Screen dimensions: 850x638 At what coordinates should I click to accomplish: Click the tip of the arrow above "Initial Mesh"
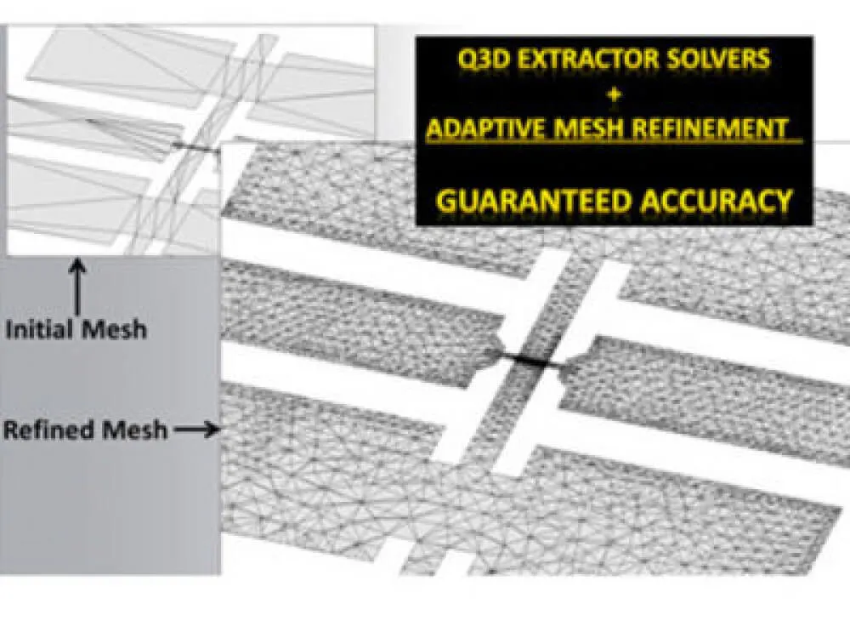point(77,259)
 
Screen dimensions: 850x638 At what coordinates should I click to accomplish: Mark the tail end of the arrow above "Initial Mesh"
point(77,315)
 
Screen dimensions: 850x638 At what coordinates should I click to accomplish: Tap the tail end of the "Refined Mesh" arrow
point(175,430)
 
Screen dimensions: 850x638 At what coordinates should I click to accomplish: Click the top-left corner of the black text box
point(416,37)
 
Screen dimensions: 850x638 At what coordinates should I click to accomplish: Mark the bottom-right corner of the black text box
point(813,225)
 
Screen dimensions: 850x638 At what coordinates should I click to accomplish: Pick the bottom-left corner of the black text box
point(416,225)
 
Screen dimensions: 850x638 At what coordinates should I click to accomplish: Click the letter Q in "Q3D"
point(467,59)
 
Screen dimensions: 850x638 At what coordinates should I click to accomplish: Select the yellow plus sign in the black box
point(615,94)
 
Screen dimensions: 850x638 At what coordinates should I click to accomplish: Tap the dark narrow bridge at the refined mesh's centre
point(527,359)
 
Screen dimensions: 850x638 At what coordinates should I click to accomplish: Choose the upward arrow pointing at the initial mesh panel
point(77,287)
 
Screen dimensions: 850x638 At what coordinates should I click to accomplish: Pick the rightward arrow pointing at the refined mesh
point(197,430)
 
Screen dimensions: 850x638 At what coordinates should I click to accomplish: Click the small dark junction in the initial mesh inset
point(196,147)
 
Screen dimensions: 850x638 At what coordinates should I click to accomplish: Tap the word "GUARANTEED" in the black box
point(535,202)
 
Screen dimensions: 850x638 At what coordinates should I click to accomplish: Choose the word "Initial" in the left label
point(40,329)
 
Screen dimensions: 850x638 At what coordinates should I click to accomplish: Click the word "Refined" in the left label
point(49,430)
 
